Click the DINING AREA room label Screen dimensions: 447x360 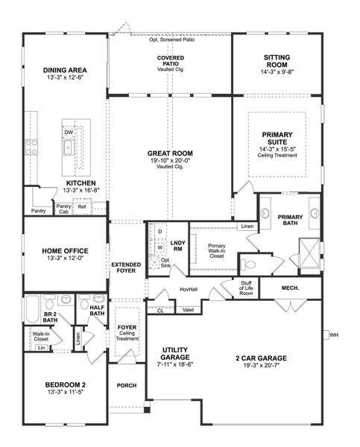tap(66, 70)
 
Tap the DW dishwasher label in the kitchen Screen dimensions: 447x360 tap(69, 132)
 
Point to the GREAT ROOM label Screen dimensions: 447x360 tap(169, 154)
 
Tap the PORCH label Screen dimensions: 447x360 tap(125, 385)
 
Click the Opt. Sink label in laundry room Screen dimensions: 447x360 tap(165, 262)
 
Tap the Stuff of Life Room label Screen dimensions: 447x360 tap(247, 288)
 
